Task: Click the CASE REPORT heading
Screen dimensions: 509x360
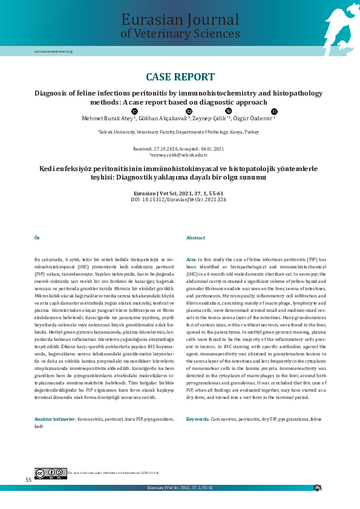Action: click(180, 77)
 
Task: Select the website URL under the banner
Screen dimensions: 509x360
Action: click(53, 51)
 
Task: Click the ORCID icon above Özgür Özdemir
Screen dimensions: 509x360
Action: click(274, 112)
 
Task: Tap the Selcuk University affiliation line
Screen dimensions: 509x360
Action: click(178, 131)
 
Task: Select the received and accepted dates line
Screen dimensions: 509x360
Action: click(178, 148)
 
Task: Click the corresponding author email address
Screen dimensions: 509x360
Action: click(178, 155)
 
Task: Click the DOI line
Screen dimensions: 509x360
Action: click(178, 199)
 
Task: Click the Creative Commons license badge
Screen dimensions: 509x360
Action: click(50, 473)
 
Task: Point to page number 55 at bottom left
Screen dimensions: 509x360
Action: click(28, 479)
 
